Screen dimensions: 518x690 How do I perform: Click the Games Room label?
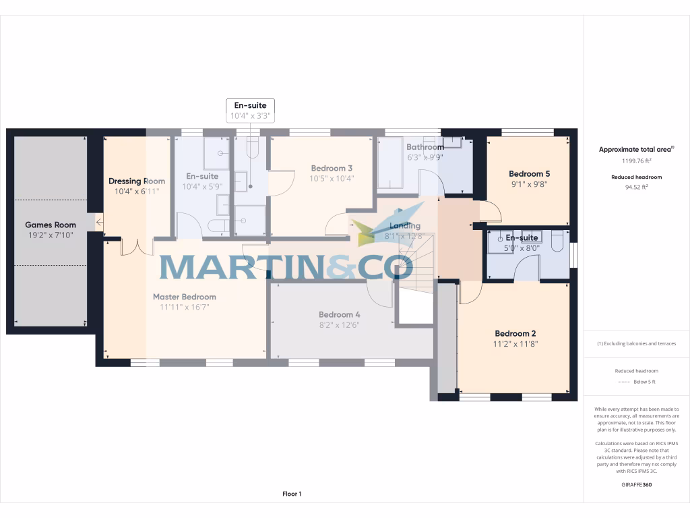(51, 225)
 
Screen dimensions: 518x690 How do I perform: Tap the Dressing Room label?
(137, 181)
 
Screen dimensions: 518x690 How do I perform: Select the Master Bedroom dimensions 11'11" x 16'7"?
(184, 308)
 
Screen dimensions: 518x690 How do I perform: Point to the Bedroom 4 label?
(340, 314)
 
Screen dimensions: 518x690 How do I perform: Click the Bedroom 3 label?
(332, 168)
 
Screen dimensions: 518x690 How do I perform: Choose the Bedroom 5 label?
(529, 173)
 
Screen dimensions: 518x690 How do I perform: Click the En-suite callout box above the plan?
(250, 111)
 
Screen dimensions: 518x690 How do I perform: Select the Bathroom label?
(425, 147)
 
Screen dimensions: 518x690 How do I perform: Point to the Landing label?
(404, 226)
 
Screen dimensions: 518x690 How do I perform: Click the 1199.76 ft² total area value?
(636, 161)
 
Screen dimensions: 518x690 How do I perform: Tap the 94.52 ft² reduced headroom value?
(636, 188)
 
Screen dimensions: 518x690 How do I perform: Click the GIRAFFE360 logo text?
(636, 484)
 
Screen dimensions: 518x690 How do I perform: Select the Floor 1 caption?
(292, 494)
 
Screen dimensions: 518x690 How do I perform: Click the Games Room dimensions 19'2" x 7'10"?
(51, 235)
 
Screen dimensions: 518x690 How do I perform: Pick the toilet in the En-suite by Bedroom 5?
(557, 241)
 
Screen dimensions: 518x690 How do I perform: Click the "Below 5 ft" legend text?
(644, 382)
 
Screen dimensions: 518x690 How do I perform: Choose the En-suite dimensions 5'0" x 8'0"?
(522, 248)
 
